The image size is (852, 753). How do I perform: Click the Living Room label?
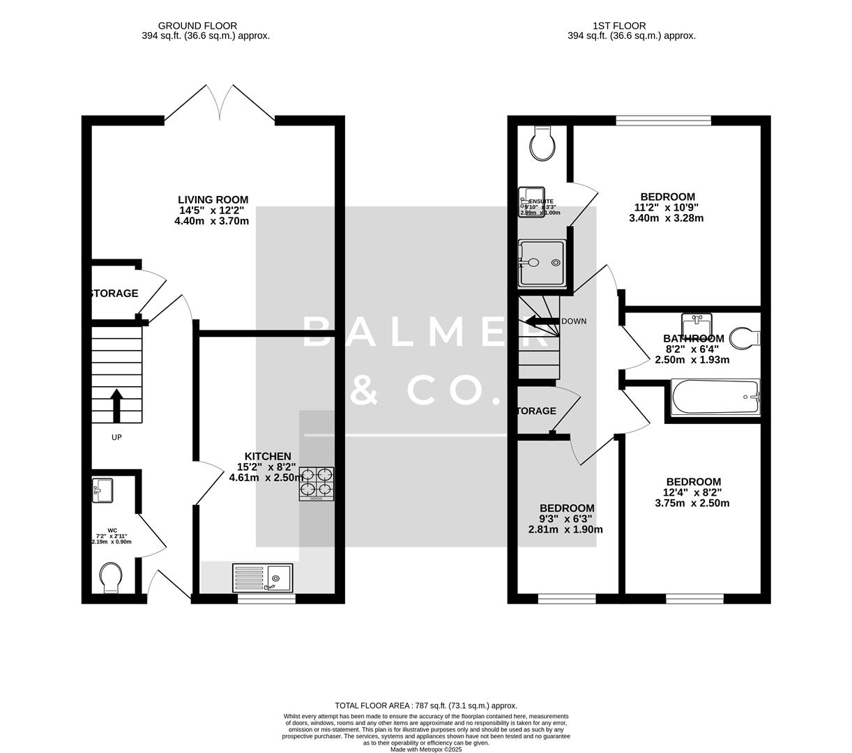[213, 199]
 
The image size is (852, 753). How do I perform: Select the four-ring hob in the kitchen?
[317, 483]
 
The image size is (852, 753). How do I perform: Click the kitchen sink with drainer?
[264, 578]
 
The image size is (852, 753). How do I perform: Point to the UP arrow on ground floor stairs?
[116, 406]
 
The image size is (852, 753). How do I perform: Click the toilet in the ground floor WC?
[110, 578]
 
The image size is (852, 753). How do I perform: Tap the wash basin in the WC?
[102, 489]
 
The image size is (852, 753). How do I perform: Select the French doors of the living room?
[220, 105]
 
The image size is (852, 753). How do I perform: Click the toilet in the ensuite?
[541, 144]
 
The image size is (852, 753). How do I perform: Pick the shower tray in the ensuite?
[541, 263]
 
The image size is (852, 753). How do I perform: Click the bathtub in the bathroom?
[715, 397]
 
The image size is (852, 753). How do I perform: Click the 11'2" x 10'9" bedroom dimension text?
[666, 207]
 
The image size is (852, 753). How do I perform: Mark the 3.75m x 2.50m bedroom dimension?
[693, 503]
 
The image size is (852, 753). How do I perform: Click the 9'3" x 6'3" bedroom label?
[565, 519]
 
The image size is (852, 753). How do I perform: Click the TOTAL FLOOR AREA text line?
[426, 706]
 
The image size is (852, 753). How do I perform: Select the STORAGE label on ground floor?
[114, 294]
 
